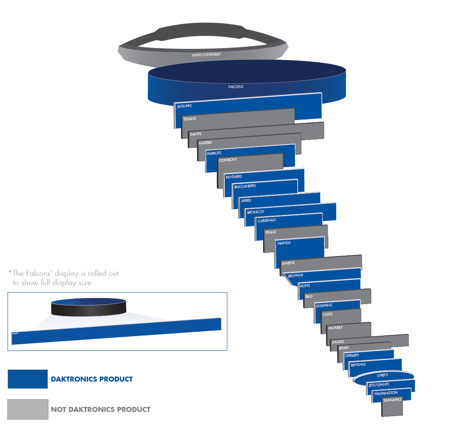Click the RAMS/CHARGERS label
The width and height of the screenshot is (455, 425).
click(206, 54)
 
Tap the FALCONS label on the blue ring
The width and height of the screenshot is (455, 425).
click(236, 87)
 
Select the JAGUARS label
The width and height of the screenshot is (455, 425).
click(184, 106)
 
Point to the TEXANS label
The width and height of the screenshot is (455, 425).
click(189, 119)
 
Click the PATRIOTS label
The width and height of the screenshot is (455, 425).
click(214, 153)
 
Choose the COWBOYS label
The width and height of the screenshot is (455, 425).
click(228, 160)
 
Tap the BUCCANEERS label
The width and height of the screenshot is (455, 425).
click(245, 186)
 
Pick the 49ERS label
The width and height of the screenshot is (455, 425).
click(246, 200)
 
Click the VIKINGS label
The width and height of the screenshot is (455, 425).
click(284, 243)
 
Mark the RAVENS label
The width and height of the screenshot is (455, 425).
click(288, 263)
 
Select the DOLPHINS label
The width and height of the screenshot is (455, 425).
click(324, 305)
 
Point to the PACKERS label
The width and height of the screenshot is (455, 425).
click(335, 328)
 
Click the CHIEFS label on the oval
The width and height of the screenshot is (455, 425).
click(382, 375)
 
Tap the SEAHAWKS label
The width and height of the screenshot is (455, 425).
click(392, 400)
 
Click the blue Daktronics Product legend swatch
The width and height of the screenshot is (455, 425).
click(28, 379)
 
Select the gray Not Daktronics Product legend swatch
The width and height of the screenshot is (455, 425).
click(28, 409)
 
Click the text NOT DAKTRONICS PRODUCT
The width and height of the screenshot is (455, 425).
click(101, 409)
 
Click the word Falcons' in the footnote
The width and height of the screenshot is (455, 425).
click(43, 273)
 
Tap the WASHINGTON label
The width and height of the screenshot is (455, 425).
click(386, 393)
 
